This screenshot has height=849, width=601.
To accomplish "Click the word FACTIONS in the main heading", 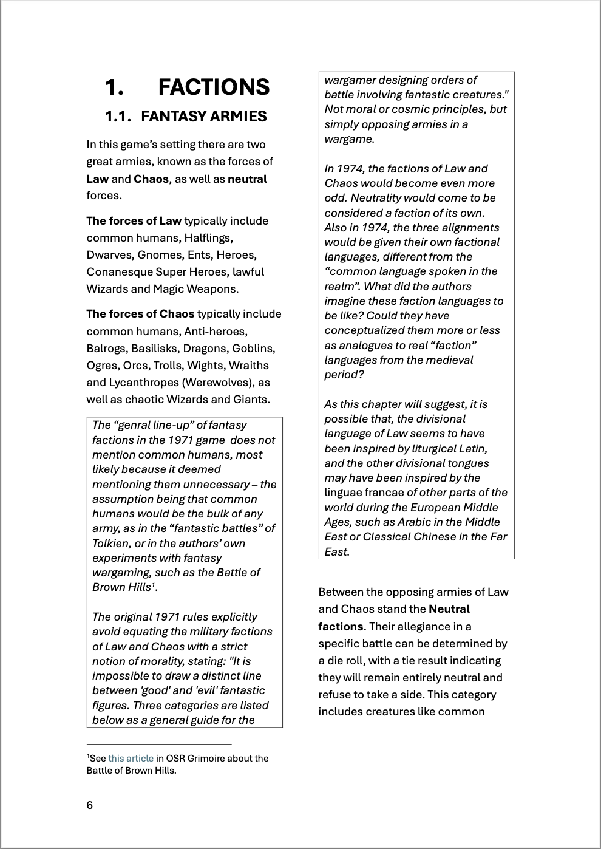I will [x=214, y=87].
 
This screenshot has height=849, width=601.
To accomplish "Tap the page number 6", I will [x=90, y=805].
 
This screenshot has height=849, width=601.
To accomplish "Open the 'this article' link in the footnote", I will [x=131, y=758].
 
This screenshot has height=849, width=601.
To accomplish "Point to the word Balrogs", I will [x=107, y=349].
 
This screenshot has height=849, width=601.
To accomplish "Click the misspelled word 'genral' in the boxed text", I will [x=136, y=425].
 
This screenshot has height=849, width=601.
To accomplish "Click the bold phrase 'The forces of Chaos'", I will [x=140, y=314].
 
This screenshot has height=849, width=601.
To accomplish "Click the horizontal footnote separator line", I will [x=159, y=744].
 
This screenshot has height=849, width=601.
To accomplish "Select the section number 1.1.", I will [x=118, y=116].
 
